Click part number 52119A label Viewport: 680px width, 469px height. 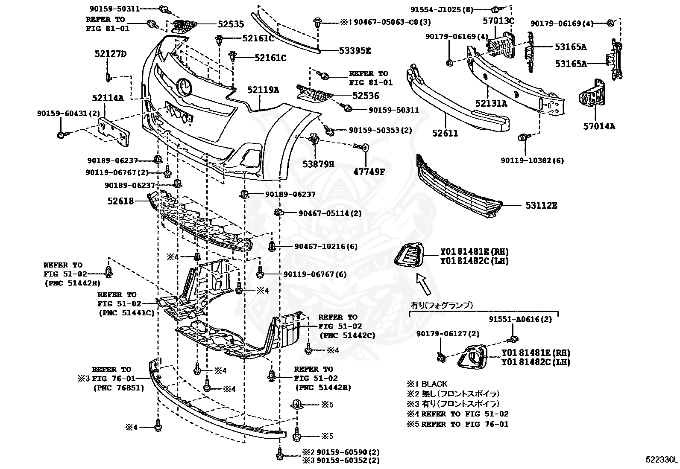(263, 90)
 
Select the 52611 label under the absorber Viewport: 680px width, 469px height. (445, 133)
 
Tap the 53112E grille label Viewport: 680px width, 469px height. (541, 206)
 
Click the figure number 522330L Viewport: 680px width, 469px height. (661, 460)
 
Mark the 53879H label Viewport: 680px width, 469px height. (319, 163)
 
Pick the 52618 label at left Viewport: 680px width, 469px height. (120, 201)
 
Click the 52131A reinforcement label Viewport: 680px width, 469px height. (491, 103)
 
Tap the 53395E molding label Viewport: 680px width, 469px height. (355, 51)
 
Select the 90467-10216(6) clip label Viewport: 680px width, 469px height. (326, 247)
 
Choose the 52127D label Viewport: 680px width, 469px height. (111, 54)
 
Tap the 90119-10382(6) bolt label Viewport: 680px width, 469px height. (532, 160)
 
